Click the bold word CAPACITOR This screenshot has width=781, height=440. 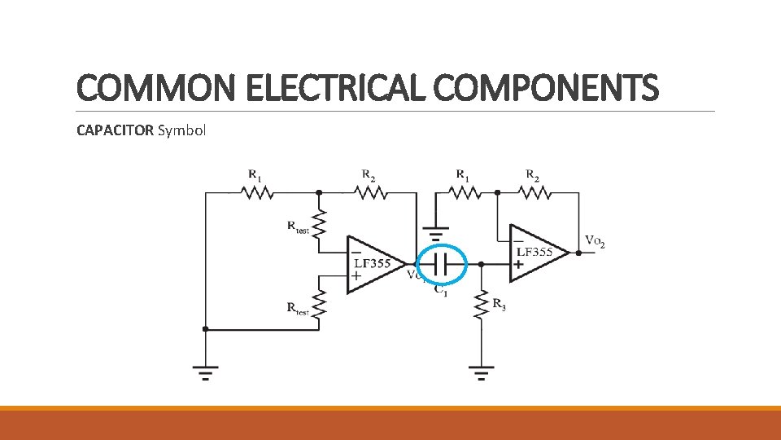[115, 130]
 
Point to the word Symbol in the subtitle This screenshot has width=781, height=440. [182, 130]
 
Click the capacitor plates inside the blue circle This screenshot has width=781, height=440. [441, 264]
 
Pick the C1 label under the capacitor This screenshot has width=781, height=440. [440, 289]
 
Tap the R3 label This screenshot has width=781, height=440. [500, 305]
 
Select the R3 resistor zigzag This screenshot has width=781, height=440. [482, 302]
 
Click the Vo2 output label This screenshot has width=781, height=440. [595, 243]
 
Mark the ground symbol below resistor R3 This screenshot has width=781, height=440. [482, 373]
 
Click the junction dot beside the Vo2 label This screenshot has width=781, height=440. [578, 253]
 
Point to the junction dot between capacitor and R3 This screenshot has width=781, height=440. [482, 264]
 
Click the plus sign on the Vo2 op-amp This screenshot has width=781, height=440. [517, 265]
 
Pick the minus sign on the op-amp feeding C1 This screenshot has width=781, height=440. [356, 250]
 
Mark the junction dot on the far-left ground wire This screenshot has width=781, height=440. [205, 329]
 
